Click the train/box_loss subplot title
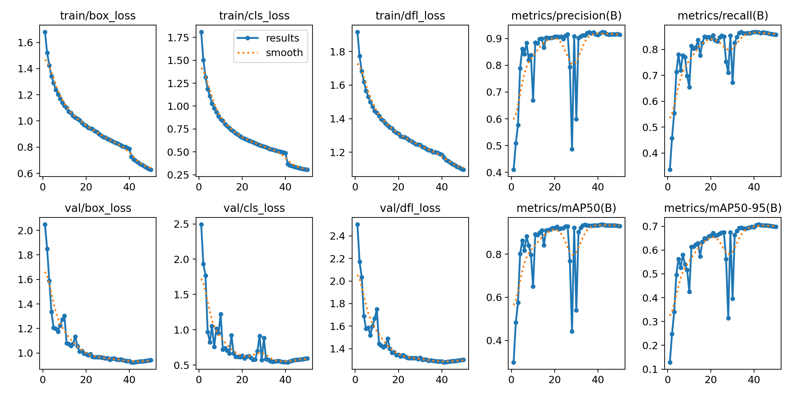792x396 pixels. tap(98, 16)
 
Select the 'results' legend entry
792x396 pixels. tap(282, 38)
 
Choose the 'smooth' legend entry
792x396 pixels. tap(284, 53)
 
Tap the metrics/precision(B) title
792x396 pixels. tap(566, 16)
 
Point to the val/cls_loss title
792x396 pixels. tap(254, 208)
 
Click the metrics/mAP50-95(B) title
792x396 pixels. tap(723, 208)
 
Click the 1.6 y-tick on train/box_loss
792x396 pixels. tap(25, 43)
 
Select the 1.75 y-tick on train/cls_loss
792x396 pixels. tap(178, 38)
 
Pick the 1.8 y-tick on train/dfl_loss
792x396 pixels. tap(337, 52)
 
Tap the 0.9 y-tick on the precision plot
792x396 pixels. tap(494, 39)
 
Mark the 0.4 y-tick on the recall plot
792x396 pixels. tap(650, 153)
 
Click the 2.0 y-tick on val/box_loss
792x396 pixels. tap(25, 230)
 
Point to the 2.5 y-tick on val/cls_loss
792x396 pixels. tap(182, 224)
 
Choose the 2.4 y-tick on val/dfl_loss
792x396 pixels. tap(337, 236)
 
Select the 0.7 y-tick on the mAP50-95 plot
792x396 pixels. tap(650, 226)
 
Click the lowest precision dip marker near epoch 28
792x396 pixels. tap(572, 149)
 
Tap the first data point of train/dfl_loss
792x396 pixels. tap(357, 32)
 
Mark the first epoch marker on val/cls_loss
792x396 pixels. tap(201, 224)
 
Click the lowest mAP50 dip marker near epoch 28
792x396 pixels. tap(572, 331)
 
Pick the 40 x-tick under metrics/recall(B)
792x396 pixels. tap(754, 187)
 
